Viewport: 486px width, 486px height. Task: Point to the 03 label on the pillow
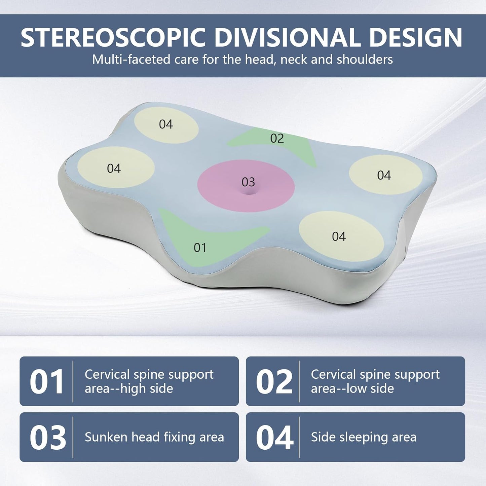pos(248,182)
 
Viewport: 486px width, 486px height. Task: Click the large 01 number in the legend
pos(47,382)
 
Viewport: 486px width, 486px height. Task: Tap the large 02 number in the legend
pos(274,382)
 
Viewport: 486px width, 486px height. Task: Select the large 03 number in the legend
pos(47,438)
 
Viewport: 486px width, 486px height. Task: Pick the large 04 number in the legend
pos(274,438)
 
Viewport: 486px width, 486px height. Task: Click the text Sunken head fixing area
pos(154,437)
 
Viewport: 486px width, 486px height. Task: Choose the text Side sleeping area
pos(364,437)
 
